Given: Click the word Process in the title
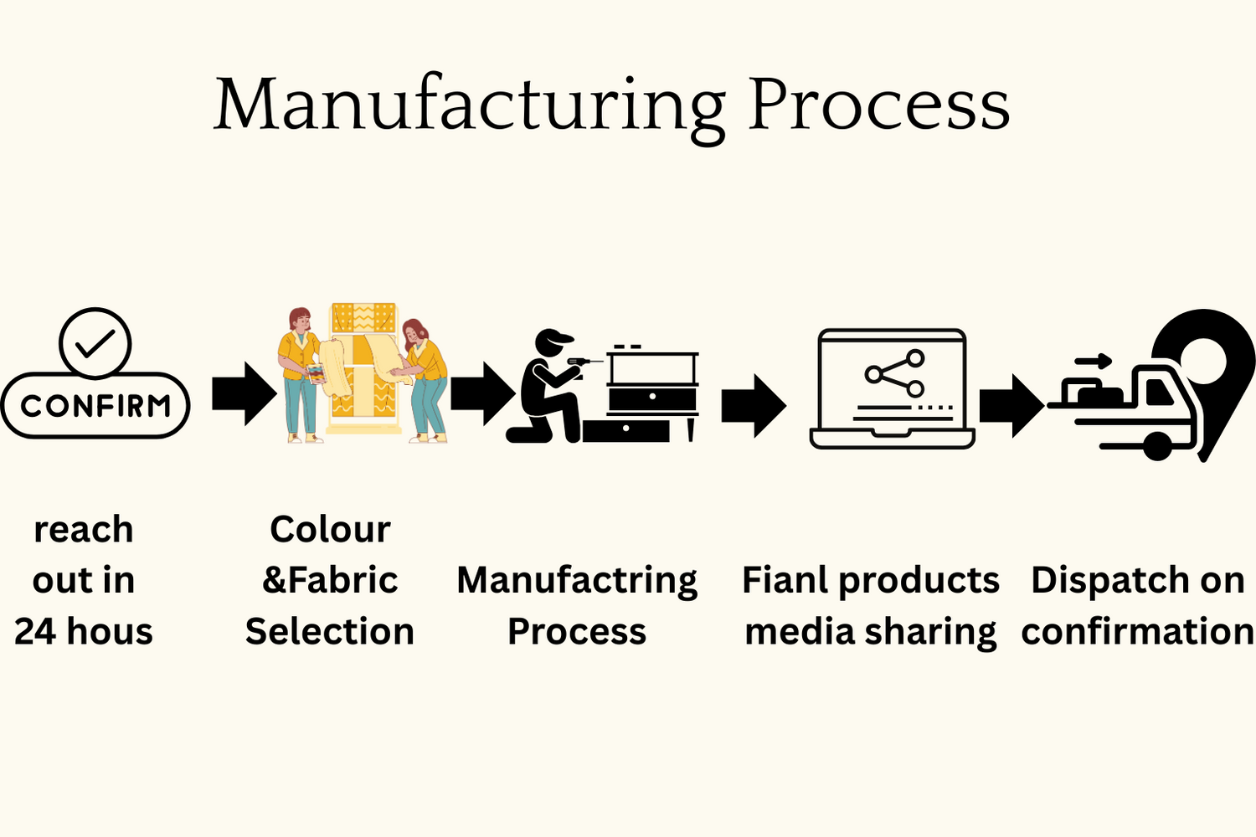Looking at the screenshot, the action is pos(878,105).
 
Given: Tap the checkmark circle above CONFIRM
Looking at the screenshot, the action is pos(95,342).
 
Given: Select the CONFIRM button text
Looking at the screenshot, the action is pos(95,406).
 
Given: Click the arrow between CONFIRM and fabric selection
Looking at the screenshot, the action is pos(245,393).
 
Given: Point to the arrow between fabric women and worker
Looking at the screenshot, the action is pos(483,393).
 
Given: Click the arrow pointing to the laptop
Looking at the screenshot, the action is pos(754,406).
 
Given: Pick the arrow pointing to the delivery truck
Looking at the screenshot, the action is pos(1012,406).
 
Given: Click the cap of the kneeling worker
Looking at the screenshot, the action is pos(553,340).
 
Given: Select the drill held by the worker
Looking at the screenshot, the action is pos(583,362).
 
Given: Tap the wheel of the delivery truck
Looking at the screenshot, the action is pos(1157,446).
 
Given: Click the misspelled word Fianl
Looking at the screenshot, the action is pos(787,580).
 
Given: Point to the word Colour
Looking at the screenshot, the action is pos(330,529).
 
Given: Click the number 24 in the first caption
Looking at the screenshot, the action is pos(34,631).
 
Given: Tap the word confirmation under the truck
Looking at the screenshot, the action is pos(1138,631).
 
